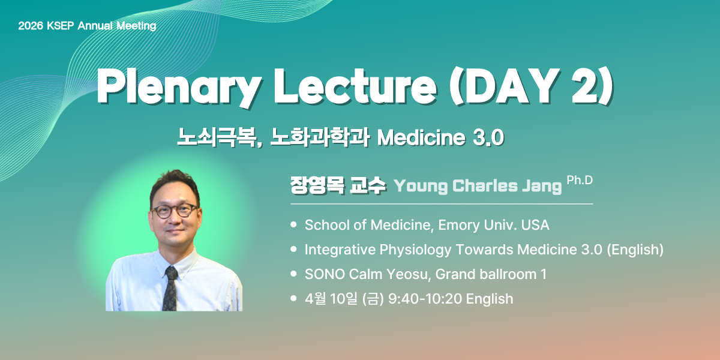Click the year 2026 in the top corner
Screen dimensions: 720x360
pos(31,26)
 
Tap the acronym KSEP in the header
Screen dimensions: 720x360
pos(61,26)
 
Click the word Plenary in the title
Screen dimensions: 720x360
pos(178,88)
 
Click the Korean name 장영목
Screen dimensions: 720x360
pos(317,185)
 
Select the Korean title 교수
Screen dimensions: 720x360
pos(367,185)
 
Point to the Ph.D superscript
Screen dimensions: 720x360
pos(580,181)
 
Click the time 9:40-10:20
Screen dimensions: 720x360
pos(425,299)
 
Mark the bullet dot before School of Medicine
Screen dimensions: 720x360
pos(293,224)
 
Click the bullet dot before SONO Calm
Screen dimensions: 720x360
pos(293,274)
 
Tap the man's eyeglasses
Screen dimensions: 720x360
pos(175,211)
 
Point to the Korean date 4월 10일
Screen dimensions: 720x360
pos(331,299)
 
